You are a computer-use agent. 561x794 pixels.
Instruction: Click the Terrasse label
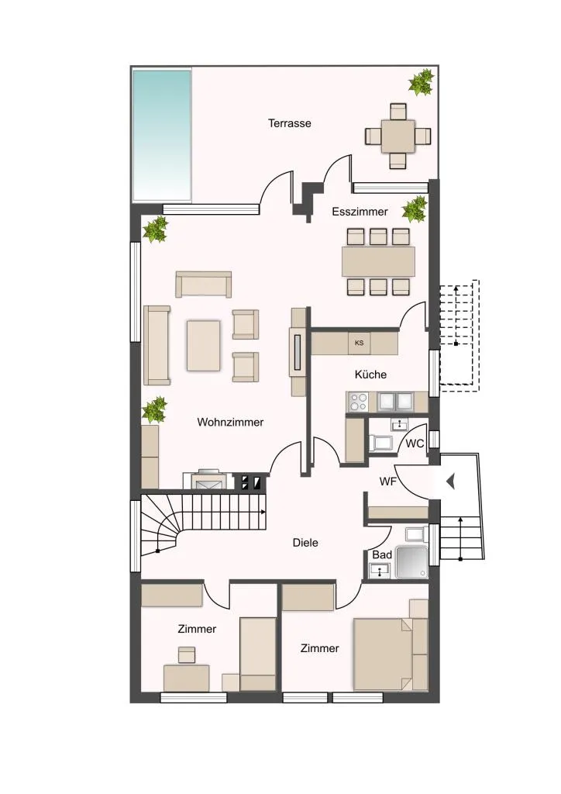(x=289, y=123)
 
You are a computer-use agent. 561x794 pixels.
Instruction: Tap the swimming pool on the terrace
(x=162, y=135)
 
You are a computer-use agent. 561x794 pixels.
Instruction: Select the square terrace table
(x=398, y=136)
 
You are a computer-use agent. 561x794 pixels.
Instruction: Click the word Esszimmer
(x=360, y=212)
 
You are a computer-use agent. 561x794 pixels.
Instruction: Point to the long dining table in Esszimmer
(x=378, y=261)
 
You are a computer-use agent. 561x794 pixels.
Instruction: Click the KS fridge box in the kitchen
(x=360, y=343)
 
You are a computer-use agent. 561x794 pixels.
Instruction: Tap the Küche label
(x=371, y=375)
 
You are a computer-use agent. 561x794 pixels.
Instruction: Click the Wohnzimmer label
(x=230, y=422)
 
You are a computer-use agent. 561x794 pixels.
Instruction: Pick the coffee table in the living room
(x=203, y=345)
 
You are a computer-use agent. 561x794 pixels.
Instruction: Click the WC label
(x=415, y=444)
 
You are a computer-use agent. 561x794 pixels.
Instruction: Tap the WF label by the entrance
(x=388, y=482)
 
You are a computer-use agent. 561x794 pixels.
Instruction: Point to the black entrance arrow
(x=451, y=482)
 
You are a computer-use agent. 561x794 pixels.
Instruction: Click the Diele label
(x=305, y=543)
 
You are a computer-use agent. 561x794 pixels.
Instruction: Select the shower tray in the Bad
(x=411, y=562)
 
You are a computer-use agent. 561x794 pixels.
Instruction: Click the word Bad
(x=382, y=555)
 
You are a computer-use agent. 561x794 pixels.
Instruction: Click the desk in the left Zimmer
(x=187, y=678)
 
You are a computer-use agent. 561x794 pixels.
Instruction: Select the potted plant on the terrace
(x=421, y=82)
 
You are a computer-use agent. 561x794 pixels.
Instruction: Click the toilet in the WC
(x=380, y=443)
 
